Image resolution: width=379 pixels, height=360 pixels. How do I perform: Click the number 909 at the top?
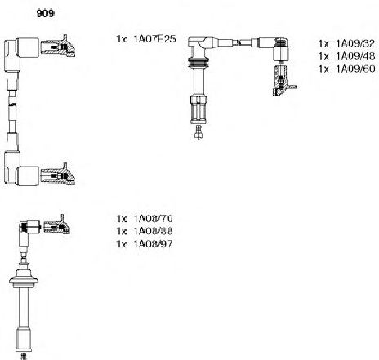tap(45, 14)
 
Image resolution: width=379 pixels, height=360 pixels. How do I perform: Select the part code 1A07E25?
tap(154, 39)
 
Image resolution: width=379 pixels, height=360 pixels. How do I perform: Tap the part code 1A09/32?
tap(355, 43)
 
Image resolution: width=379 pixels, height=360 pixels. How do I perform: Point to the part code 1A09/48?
tap(355, 56)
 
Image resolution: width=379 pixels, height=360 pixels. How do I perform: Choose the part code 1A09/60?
tap(355, 69)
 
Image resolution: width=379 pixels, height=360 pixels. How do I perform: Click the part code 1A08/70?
tap(153, 219)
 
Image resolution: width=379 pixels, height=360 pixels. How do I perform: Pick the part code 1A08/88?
tap(153, 231)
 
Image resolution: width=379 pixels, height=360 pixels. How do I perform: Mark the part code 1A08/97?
tap(153, 244)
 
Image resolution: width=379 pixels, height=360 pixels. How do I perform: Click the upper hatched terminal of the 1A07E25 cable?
tap(58, 47)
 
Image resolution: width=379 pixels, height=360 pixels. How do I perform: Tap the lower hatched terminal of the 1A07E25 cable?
tap(58, 175)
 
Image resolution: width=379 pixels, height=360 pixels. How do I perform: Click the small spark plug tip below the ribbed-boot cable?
tap(198, 132)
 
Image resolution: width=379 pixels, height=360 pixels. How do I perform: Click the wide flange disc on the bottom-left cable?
tap(24, 281)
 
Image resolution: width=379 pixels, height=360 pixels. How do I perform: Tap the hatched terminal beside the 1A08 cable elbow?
tap(57, 225)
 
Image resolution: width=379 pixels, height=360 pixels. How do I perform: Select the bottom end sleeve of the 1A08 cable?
tap(24, 339)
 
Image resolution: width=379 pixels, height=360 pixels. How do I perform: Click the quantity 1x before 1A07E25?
tap(122, 39)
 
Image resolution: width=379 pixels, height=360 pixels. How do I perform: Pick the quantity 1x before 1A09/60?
tap(324, 69)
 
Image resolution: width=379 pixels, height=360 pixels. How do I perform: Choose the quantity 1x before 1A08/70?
tap(122, 219)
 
